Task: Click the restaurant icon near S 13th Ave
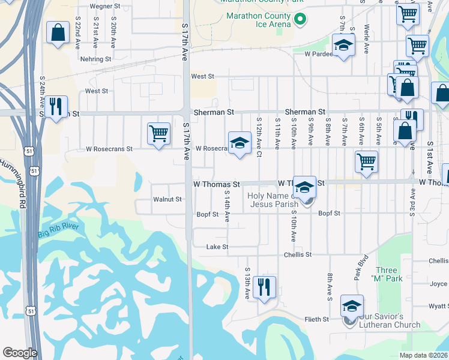point(264,287)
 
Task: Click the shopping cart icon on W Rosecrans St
point(158,133)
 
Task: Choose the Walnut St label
point(167,199)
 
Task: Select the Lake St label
point(217,247)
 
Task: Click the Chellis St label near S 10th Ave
point(298,254)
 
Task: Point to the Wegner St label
point(105,6)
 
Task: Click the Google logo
point(19,353)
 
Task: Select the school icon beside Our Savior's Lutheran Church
point(352,305)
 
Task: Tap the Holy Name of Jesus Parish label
point(278,200)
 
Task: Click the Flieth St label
point(316,319)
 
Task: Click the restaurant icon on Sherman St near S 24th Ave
point(56,107)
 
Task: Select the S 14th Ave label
point(227,206)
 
